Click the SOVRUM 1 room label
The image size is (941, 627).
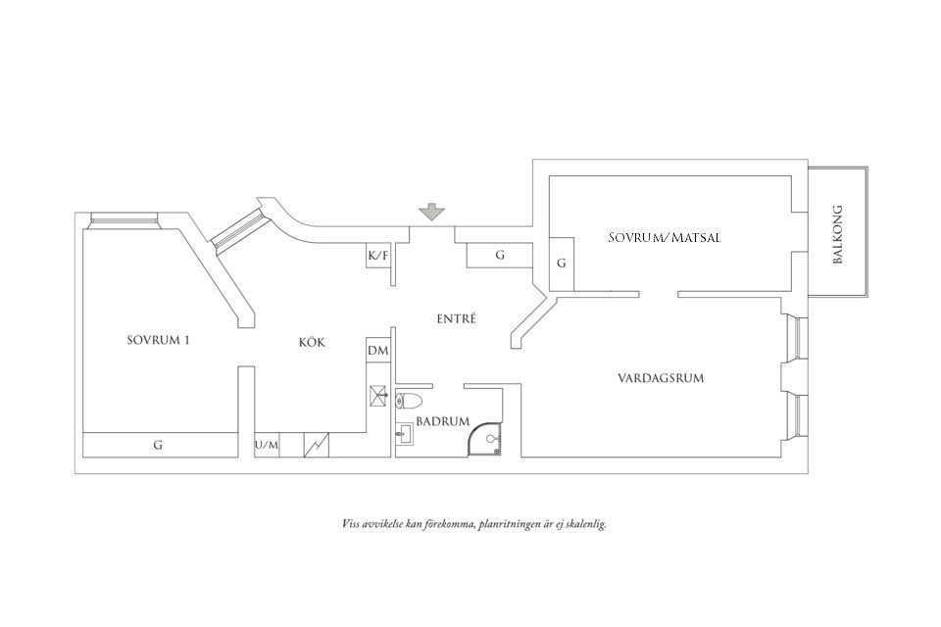pyautogui.click(x=158, y=341)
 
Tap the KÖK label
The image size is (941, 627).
pyautogui.click(x=311, y=343)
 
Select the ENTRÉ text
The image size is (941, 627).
pyautogui.click(x=456, y=318)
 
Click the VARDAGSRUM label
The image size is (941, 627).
pyautogui.click(x=661, y=378)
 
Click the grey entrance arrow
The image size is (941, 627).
pyautogui.click(x=429, y=212)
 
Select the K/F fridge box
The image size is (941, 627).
pyautogui.click(x=377, y=257)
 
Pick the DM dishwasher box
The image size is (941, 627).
pyautogui.click(x=377, y=351)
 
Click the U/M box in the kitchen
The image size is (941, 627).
pyautogui.click(x=267, y=446)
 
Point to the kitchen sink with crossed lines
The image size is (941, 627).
pyautogui.click(x=378, y=396)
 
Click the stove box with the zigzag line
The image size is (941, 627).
pyautogui.click(x=317, y=446)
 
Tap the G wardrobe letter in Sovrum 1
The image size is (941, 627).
pyautogui.click(x=158, y=445)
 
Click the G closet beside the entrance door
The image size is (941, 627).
pyautogui.click(x=500, y=256)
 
